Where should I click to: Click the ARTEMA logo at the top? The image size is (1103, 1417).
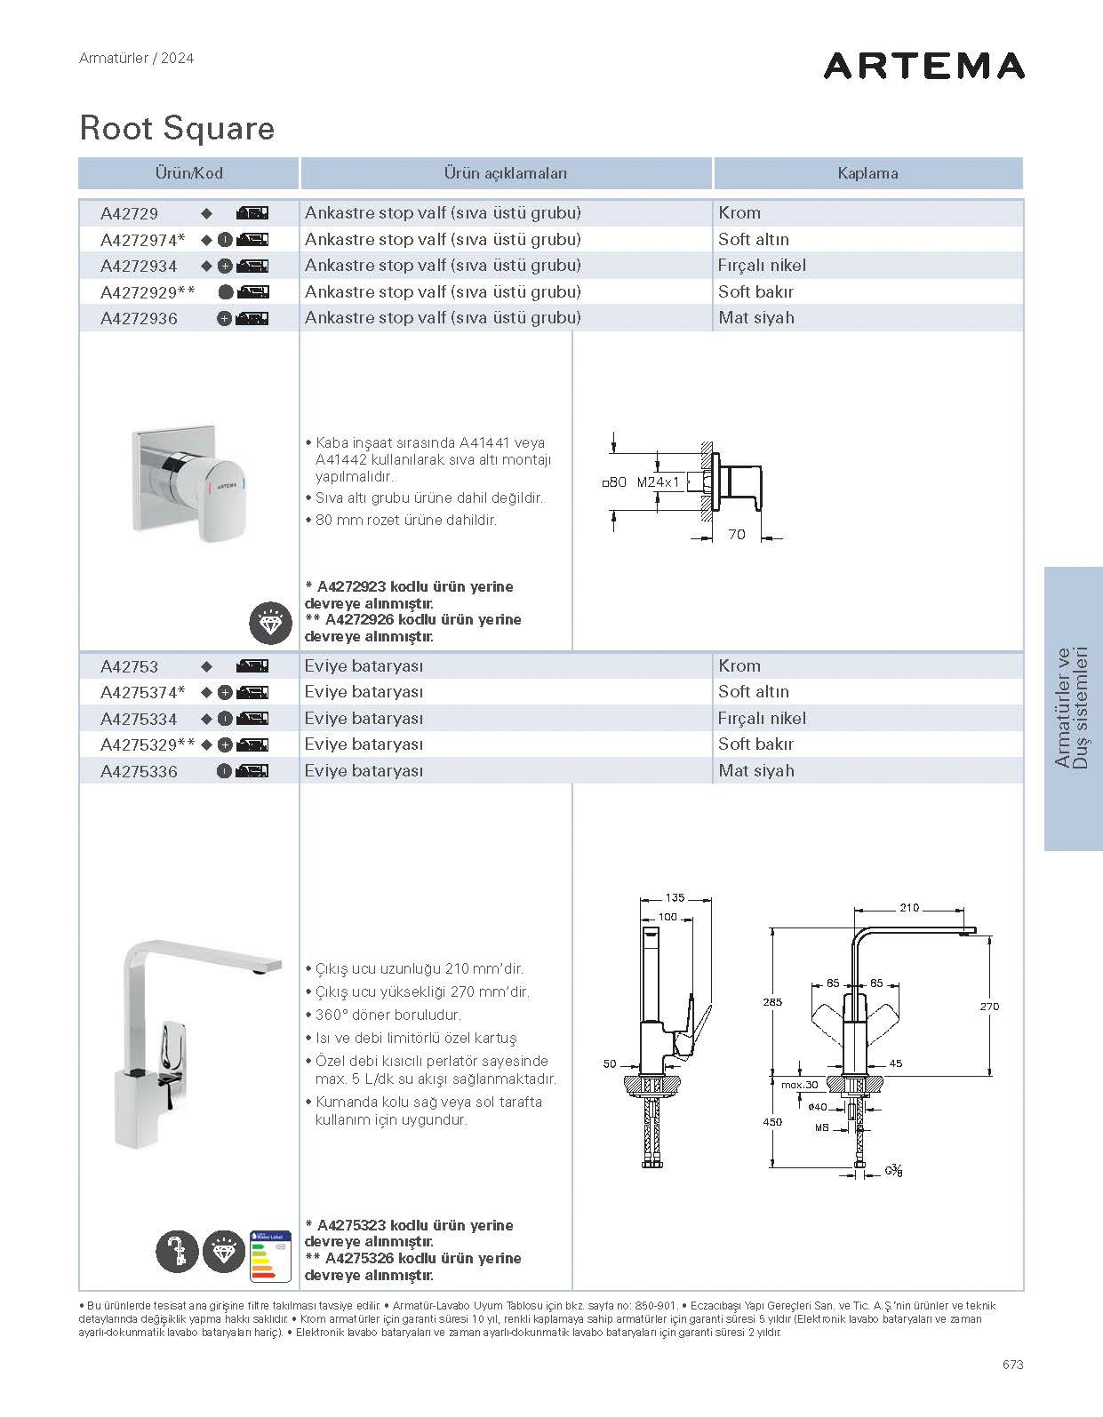click(x=923, y=66)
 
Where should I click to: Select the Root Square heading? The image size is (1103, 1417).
click(x=177, y=129)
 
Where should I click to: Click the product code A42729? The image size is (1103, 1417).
click(x=130, y=213)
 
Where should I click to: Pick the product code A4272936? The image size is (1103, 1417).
click(x=139, y=318)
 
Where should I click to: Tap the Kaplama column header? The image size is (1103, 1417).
click(x=867, y=173)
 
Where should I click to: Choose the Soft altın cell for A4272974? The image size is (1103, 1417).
click(x=754, y=239)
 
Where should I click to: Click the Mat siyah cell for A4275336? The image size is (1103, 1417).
click(x=756, y=771)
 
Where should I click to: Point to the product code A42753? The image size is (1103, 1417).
click(x=130, y=666)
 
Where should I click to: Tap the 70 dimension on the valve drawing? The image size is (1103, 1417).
click(x=737, y=535)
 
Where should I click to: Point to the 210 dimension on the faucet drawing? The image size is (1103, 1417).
click(x=909, y=908)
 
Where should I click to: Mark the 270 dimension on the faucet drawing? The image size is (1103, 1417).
click(x=989, y=1007)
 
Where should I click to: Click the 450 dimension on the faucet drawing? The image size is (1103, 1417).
click(x=772, y=1122)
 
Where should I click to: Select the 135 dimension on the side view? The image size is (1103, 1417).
click(x=675, y=898)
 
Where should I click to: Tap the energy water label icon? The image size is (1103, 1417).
click(x=270, y=1255)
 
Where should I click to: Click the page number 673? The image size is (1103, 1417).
click(x=1011, y=1364)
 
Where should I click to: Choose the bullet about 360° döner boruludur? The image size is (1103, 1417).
click(x=388, y=1015)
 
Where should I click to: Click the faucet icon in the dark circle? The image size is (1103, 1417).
click(x=177, y=1252)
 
